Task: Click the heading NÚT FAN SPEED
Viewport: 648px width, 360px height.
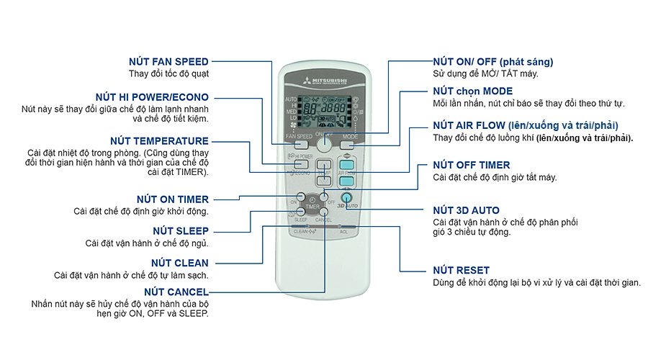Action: (168, 62)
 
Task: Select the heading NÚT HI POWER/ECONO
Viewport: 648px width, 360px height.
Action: (152, 97)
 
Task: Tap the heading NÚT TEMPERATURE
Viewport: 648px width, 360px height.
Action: (159, 141)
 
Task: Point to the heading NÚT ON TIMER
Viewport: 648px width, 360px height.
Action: (173, 199)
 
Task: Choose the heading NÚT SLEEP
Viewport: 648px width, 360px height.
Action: (181, 231)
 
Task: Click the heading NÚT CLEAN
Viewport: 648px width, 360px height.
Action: (180, 263)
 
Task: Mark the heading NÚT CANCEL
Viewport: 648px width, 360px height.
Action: (176, 292)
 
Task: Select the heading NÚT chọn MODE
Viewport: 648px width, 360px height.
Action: (472, 91)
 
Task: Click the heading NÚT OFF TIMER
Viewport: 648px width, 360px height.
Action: (472, 165)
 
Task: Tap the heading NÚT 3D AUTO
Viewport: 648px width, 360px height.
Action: (466, 210)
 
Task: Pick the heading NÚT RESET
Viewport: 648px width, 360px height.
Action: (461, 270)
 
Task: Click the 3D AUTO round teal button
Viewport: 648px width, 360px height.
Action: (347, 197)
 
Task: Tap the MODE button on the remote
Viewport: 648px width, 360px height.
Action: (351, 144)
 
